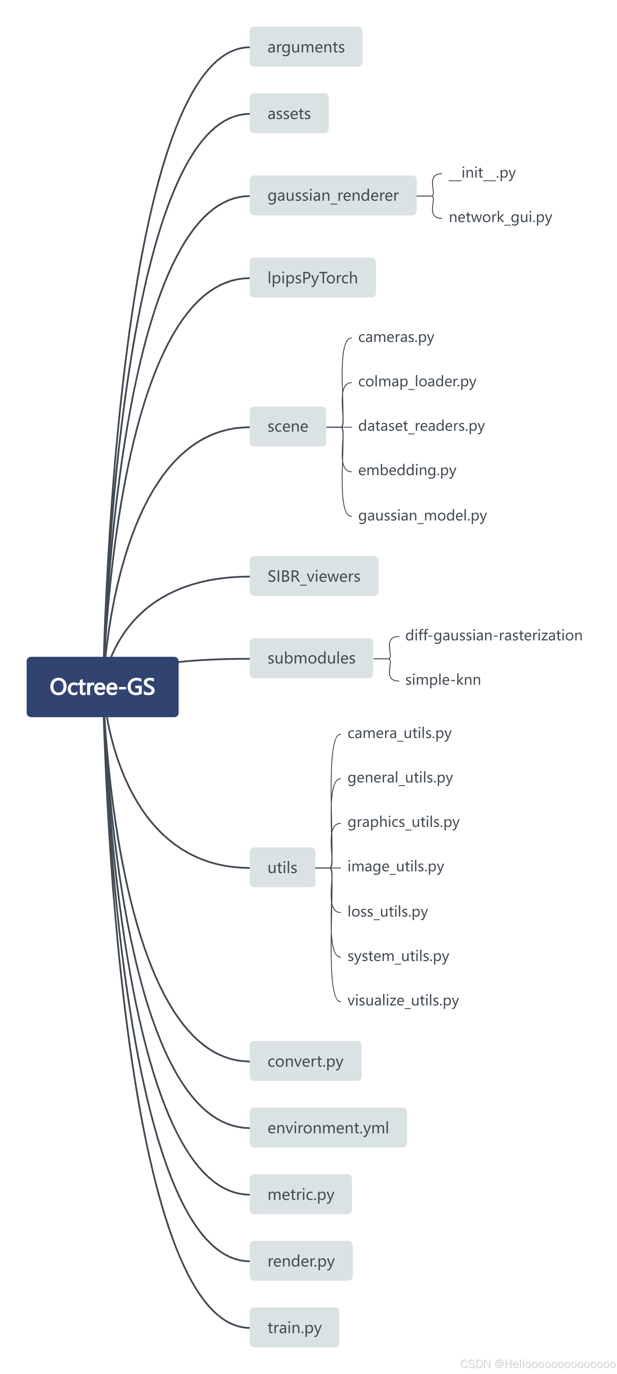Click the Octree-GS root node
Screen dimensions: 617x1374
[x=102, y=687]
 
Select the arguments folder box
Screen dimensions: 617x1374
[x=306, y=47]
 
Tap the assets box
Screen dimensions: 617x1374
[x=289, y=114]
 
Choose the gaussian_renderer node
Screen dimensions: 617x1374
[x=333, y=195]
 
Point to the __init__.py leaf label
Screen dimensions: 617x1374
[x=482, y=173]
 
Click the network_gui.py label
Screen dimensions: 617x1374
[x=500, y=217]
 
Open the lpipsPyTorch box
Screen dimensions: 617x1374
[x=312, y=277]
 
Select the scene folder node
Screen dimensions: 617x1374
[x=288, y=426]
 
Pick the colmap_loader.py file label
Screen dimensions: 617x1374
[x=417, y=381]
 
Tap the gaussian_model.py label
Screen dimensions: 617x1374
[x=422, y=515]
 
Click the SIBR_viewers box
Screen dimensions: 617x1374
[x=314, y=576]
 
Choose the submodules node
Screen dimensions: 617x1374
[x=311, y=658]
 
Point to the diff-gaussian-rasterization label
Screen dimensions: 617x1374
[x=493, y=635]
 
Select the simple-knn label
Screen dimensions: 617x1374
[x=443, y=679]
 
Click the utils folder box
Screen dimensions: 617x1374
[x=282, y=867]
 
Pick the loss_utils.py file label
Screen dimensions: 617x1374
[x=387, y=912]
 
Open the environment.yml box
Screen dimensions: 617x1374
[x=328, y=1128]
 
